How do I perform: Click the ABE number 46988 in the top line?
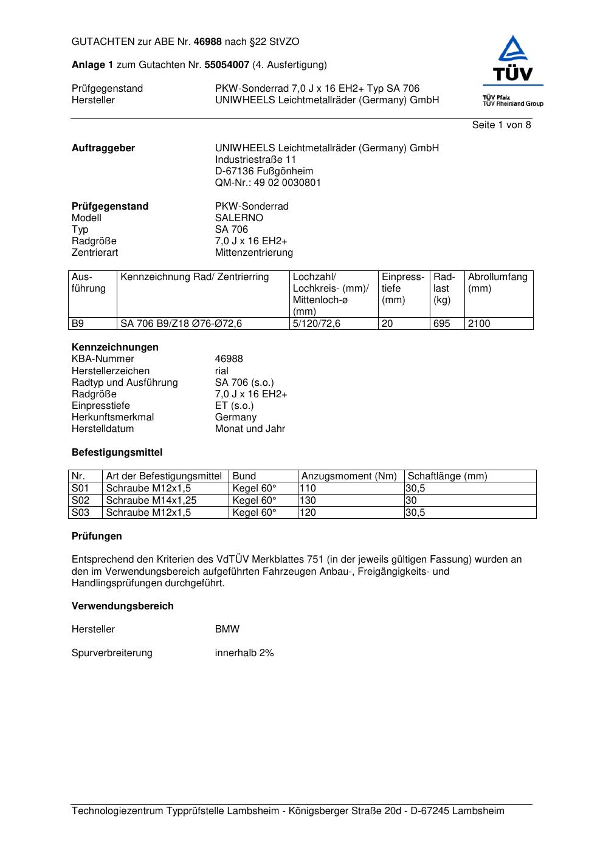(207, 42)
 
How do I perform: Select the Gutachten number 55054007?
(227, 65)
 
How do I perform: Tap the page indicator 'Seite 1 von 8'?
(501, 125)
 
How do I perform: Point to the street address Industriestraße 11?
(255, 160)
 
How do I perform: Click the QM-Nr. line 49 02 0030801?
(267, 183)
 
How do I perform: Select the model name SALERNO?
(239, 218)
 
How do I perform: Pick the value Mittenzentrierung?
(253, 253)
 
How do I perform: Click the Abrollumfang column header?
(497, 283)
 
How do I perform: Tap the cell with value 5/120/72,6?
(316, 324)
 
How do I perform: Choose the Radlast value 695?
(441, 324)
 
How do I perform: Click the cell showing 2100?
(479, 324)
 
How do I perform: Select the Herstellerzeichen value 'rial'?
(222, 371)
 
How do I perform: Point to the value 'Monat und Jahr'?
(250, 429)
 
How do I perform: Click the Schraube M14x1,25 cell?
(151, 501)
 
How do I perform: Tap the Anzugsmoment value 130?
(308, 501)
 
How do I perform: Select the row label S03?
(80, 513)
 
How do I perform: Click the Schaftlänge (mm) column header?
(447, 476)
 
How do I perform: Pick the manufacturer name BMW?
(227, 629)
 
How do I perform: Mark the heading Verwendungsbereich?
(122, 606)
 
